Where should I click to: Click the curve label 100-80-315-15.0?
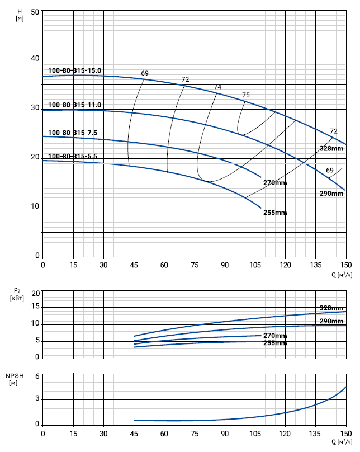[74, 70]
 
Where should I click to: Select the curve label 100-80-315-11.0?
[74, 105]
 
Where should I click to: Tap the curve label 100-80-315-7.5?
[73, 133]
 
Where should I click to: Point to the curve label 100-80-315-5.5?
[73, 156]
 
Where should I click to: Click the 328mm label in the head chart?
[331, 148]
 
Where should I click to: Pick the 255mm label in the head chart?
[275, 213]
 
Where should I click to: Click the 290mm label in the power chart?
[331, 321]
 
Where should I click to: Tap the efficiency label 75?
[246, 95]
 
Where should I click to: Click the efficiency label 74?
[217, 87]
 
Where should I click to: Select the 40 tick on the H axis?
[35, 59]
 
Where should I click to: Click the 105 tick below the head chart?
[255, 265]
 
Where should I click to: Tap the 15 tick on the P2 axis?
[35, 307]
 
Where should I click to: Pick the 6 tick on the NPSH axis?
[37, 376]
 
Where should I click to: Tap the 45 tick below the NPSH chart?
[134, 433]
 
